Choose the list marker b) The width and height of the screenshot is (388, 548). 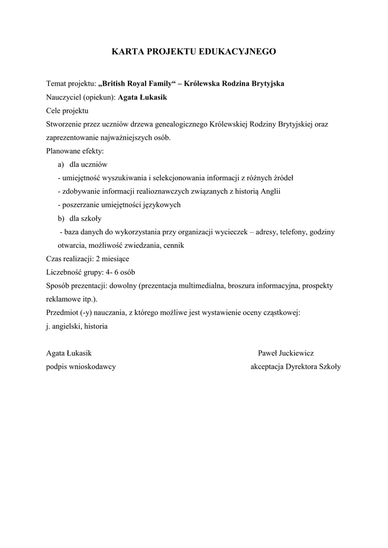click(60, 218)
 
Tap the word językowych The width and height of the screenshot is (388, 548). click(161, 205)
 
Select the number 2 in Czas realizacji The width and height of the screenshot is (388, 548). click(97, 258)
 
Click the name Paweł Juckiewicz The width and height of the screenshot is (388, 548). click(286, 353)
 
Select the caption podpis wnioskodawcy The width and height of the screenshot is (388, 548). click(81, 367)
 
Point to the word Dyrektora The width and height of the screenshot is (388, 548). click(302, 367)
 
